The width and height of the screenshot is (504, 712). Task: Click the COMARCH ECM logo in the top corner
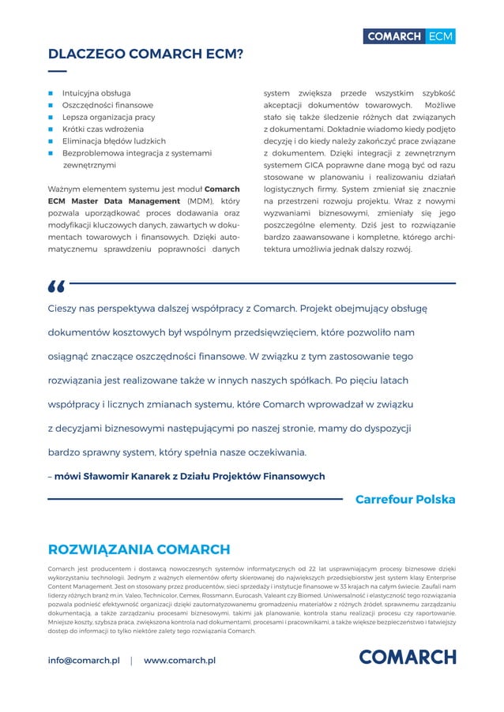pyautogui.click(x=408, y=36)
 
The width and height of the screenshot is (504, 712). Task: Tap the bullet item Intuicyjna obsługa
pyautogui.click(x=96, y=92)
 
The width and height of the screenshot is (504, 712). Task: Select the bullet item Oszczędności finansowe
pyautogui.click(x=107, y=105)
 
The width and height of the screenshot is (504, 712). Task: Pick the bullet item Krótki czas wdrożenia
pyautogui.click(x=103, y=129)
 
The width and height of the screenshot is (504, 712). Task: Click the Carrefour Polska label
pyautogui.click(x=405, y=500)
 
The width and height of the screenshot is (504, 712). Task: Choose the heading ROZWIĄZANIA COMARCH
pyautogui.click(x=139, y=549)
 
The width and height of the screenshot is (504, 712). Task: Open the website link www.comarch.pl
pyautogui.click(x=179, y=660)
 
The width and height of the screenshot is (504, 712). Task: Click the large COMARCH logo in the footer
pyautogui.click(x=407, y=658)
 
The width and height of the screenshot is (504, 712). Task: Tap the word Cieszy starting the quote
pyautogui.click(x=64, y=309)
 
